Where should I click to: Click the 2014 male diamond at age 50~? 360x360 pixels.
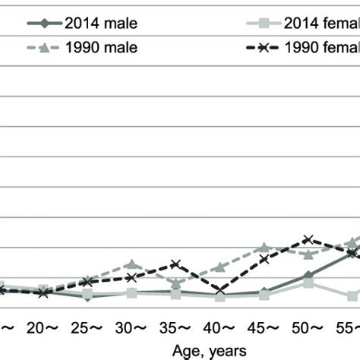(x=308, y=276)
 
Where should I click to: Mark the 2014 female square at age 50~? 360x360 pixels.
(x=308, y=283)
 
